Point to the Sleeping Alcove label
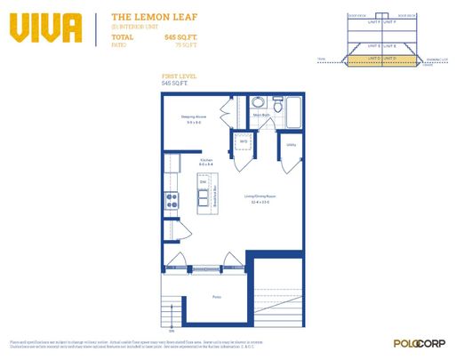[195, 116]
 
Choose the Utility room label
[291, 144]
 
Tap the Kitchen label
[205, 161]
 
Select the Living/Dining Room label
[260, 198]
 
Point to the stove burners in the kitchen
[171, 201]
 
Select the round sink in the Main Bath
[257, 102]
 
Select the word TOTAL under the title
[123, 36]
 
